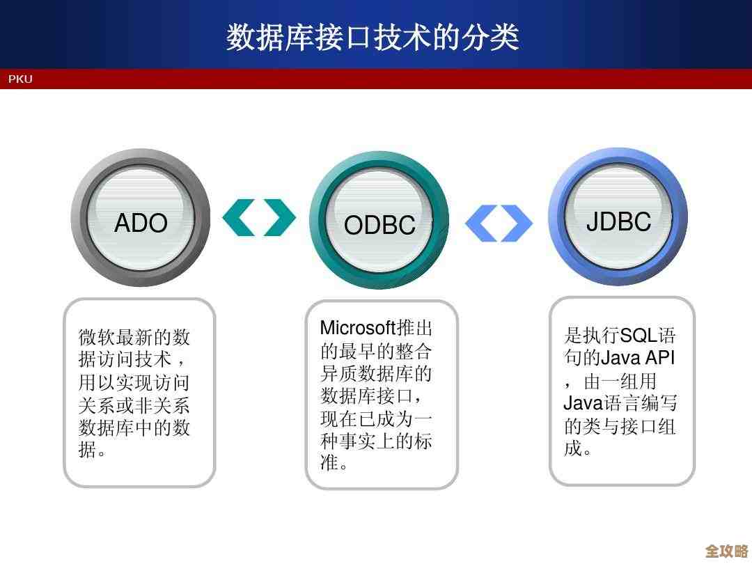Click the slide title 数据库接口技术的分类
pyautogui.click(x=373, y=37)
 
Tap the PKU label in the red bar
pyautogui.click(x=20, y=79)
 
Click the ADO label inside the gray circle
pyautogui.click(x=141, y=224)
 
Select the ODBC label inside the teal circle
pyautogui.click(x=379, y=226)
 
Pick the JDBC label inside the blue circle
pyautogui.click(x=618, y=221)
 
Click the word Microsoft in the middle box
pyautogui.click(x=357, y=328)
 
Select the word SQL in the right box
pyautogui.click(x=639, y=336)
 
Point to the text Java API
pyautogui.click(x=637, y=359)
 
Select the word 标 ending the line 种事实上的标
pyautogui.click(x=423, y=441)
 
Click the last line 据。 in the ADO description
pyautogui.click(x=92, y=450)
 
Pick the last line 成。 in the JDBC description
pyautogui.click(x=578, y=448)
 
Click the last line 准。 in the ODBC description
pyautogui.click(x=334, y=463)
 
